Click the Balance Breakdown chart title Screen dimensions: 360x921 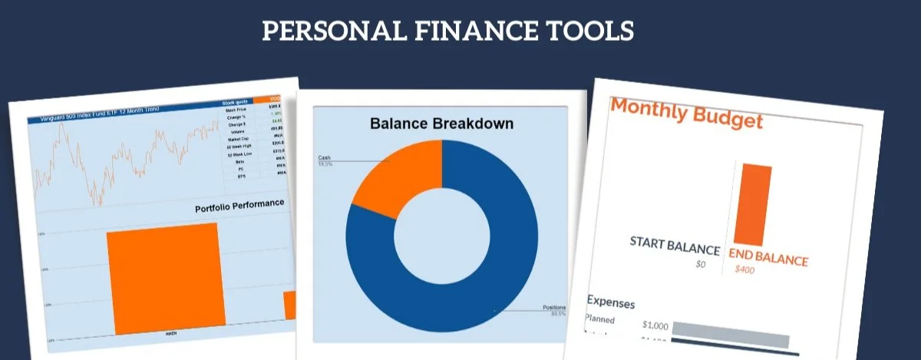pyautogui.click(x=441, y=124)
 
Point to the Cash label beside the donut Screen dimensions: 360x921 pyautogui.click(x=324, y=158)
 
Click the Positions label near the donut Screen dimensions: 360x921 pyautogui.click(x=554, y=308)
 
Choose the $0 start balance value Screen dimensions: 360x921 pyautogui.click(x=699, y=264)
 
